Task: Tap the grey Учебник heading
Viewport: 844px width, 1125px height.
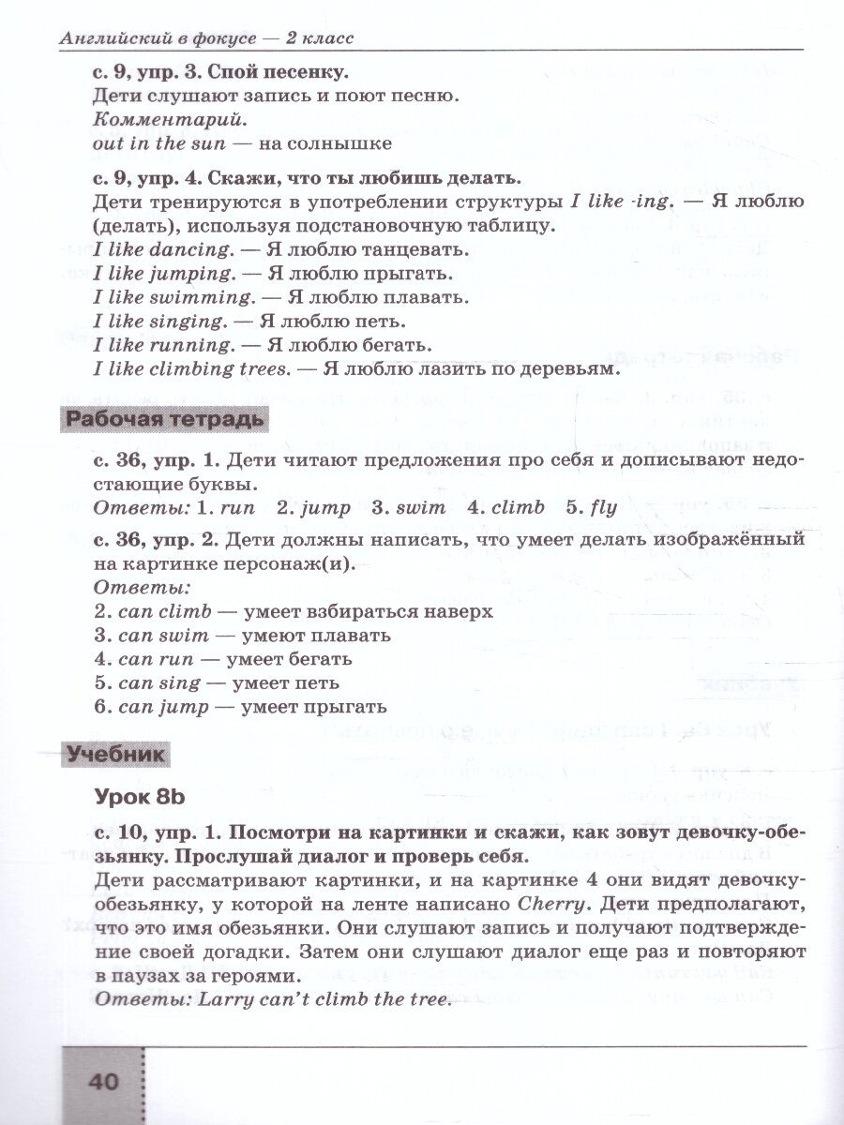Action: [117, 753]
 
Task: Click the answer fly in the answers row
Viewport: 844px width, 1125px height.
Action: [603, 508]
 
